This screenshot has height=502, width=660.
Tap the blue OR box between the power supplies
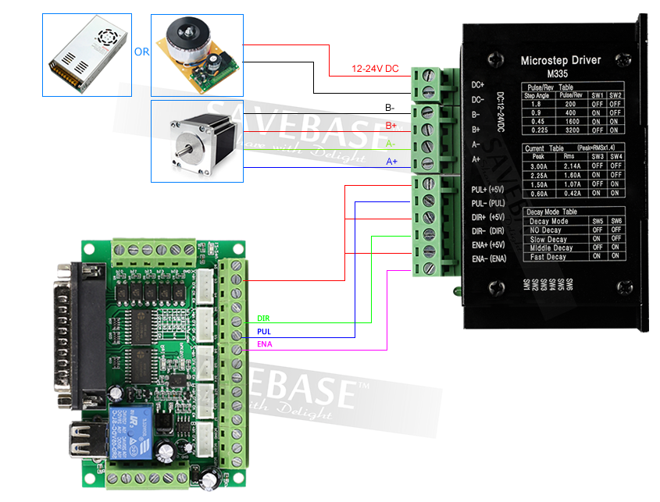(141, 52)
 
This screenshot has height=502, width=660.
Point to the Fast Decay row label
(548, 257)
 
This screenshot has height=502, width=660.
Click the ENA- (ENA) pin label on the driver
(489, 259)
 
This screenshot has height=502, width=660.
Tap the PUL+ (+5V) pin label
(490, 190)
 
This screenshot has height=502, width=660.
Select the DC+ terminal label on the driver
(478, 84)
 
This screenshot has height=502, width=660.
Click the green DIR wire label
(263, 319)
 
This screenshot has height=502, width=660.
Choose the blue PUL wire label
(263, 332)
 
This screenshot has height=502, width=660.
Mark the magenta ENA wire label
(264, 344)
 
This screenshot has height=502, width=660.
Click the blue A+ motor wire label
(392, 162)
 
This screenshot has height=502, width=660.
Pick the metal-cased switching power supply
(88, 51)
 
